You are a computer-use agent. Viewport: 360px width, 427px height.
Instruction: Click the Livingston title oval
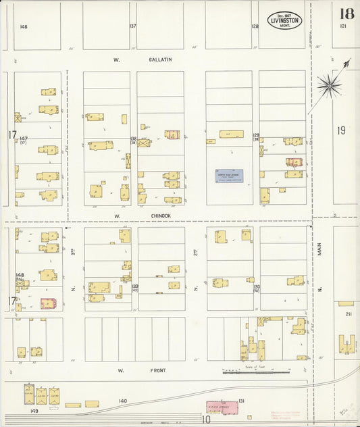[284, 20]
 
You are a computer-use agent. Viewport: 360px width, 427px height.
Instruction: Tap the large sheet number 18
[346, 14]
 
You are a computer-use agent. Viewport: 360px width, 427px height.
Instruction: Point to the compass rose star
[330, 85]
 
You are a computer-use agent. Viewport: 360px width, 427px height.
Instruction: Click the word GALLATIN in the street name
[160, 59]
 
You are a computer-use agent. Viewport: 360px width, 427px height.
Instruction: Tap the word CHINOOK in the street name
[160, 216]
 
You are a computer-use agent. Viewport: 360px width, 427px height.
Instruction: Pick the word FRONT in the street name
[159, 370]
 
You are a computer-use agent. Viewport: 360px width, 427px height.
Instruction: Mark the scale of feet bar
[257, 372]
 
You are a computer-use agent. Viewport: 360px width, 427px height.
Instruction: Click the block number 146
[24, 26]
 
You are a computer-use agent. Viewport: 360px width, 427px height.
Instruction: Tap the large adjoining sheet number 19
[341, 130]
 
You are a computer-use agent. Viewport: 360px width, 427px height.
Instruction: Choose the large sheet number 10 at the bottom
[205, 420]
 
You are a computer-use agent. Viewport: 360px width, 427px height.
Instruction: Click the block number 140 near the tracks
[122, 401]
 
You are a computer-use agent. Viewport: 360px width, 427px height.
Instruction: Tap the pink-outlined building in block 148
[48, 304]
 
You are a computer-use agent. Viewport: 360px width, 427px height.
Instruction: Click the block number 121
[342, 26]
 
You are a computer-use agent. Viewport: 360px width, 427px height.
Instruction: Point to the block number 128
[255, 26]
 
